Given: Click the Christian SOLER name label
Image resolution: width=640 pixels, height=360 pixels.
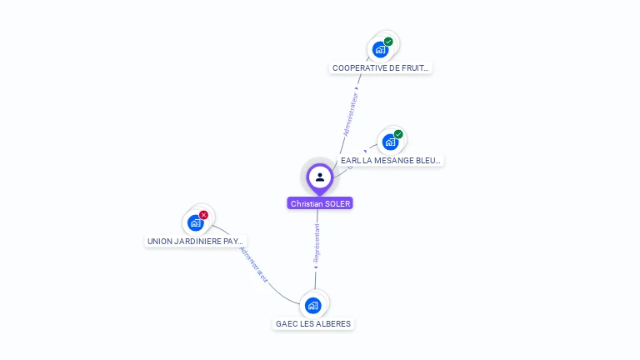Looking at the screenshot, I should (320, 203).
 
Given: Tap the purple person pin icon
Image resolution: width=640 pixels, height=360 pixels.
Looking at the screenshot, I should (320, 177).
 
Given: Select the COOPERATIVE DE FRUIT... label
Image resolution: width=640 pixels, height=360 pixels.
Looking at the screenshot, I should (380, 68).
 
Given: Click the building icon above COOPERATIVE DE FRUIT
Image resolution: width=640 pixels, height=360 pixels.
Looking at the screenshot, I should (381, 50).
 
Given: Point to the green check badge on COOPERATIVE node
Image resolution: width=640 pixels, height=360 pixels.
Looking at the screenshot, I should (388, 42).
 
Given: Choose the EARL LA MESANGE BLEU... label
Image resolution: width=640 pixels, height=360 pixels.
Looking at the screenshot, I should (390, 160).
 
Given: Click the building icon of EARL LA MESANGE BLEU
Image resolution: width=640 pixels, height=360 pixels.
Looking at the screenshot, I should (390, 142).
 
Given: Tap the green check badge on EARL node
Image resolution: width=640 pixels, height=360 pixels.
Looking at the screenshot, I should (398, 134).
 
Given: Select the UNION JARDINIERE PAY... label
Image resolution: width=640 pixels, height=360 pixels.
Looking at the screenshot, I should (195, 242).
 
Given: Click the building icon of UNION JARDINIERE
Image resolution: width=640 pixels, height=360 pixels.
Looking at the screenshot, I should (195, 223).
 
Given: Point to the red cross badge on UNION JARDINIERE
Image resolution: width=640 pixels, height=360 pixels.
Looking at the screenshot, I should (203, 215).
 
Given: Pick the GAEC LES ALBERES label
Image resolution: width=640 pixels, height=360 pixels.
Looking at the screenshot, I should (313, 323).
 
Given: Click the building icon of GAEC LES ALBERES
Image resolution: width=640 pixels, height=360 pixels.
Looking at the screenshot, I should (313, 305).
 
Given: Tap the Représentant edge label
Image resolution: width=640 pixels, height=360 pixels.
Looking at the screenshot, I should (317, 243).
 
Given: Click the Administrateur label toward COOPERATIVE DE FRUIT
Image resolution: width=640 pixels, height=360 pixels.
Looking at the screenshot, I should (351, 115).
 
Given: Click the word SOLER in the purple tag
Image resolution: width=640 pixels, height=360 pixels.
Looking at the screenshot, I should (338, 203).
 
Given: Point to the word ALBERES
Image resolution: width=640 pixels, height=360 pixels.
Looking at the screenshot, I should (334, 323).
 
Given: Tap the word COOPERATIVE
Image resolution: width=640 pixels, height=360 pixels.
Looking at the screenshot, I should (358, 68).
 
